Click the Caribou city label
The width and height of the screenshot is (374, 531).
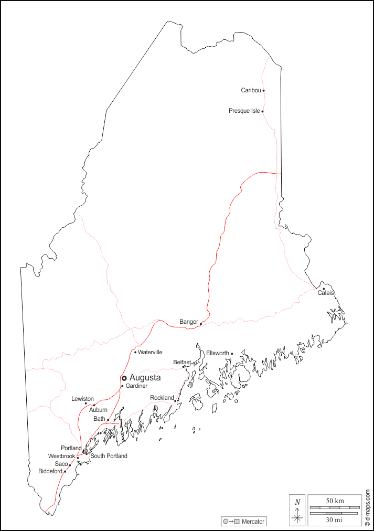tap(251, 90)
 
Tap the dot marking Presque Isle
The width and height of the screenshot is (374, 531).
tap(262, 111)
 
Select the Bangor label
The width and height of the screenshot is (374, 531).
tap(189, 321)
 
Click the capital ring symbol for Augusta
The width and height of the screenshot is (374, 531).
tap(124, 378)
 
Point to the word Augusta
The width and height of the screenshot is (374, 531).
tap(145, 377)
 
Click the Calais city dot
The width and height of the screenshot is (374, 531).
tap(324, 289)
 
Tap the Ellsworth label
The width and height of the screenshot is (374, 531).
tap(217, 353)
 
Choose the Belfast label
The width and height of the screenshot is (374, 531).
tap(181, 362)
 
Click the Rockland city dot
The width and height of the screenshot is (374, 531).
tap(175, 401)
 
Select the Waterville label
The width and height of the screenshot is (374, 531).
tap(150, 352)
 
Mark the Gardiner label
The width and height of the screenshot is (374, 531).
tap(136, 386)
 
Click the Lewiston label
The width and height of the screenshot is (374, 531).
tap(82, 399)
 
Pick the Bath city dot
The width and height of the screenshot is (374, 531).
tap(108, 420)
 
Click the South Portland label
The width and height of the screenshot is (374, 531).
tap(109, 456)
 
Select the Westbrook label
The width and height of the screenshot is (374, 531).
tap(61, 456)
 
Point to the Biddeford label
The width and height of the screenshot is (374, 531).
tap(50, 471)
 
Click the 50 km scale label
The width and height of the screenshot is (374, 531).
tap(335, 501)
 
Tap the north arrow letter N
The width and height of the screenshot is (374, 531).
tap(297, 502)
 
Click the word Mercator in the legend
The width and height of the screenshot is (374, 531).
tap(253, 522)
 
